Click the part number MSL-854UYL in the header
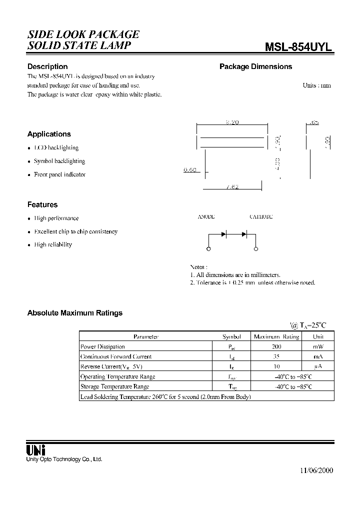coord(298,46)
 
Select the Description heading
coord(47,66)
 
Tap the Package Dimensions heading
coord(255,66)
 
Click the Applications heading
coord(49,134)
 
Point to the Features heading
coord(42,204)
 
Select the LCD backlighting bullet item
coord(56,148)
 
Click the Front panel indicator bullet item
coord(59,174)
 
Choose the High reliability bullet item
coord(53,244)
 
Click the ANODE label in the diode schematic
coord(206,217)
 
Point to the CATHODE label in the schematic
coord(261,217)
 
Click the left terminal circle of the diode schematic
coord(208,249)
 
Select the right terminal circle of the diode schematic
coord(256,249)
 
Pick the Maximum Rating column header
coord(276,336)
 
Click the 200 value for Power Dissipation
coord(276,346)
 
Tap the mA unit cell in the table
coord(318,356)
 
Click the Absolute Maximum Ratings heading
coord(74,313)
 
